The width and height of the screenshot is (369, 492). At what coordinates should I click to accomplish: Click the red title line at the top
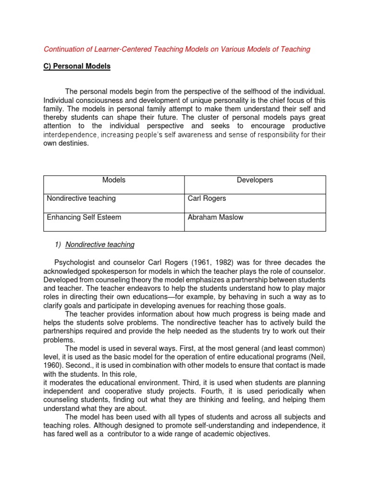[x=177, y=49]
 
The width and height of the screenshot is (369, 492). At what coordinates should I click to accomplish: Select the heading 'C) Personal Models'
[x=77, y=66]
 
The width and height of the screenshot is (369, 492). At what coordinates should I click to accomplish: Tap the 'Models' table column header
[x=114, y=180]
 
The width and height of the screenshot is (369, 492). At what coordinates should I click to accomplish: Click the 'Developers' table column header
[x=255, y=180]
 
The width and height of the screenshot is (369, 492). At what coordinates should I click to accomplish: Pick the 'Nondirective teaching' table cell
[x=81, y=198]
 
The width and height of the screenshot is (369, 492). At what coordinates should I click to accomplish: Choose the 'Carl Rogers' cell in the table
[x=207, y=198]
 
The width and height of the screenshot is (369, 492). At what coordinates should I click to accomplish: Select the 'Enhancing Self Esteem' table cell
[x=84, y=217]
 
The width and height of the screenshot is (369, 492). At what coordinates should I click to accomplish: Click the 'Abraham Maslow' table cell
[x=215, y=217]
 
